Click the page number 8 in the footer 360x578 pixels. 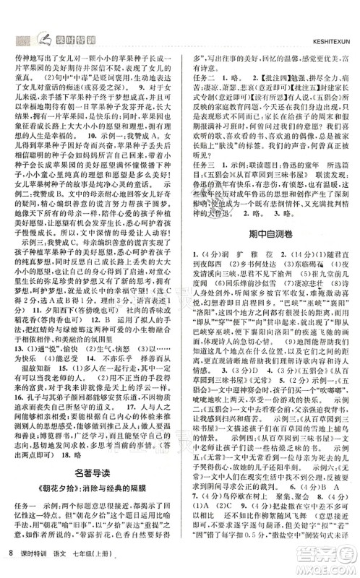pyautogui.click(x=10, y=561)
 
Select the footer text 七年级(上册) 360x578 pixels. pyautogui.click(x=106, y=561)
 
